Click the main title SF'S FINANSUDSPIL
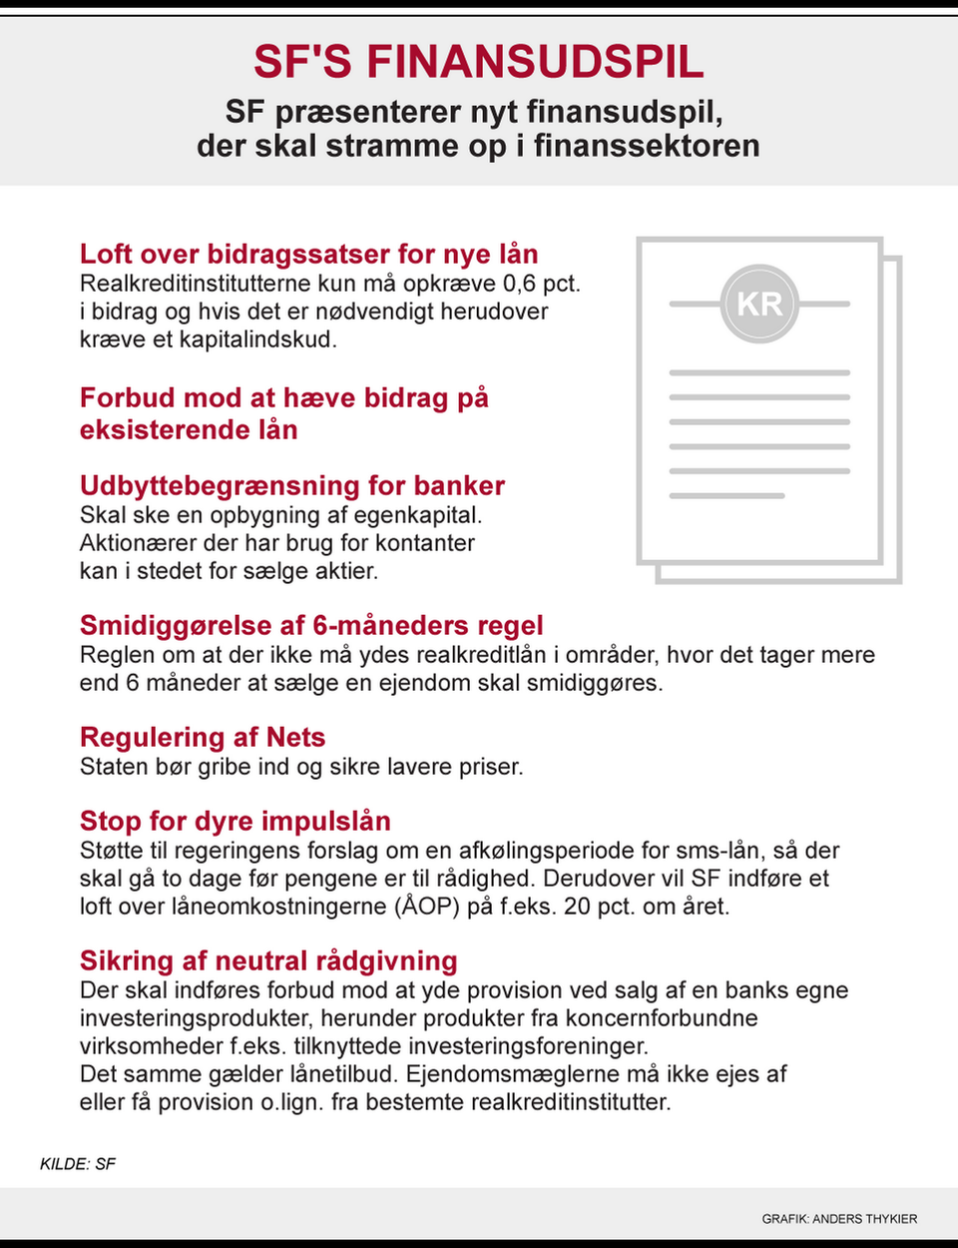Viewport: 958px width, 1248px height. coord(478,62)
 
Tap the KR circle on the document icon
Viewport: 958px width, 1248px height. coord(759,304)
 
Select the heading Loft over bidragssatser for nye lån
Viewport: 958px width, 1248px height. coord(309,254)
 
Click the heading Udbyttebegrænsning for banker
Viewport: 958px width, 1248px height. coord(292,485)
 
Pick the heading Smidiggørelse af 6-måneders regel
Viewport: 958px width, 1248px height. coord(311,625)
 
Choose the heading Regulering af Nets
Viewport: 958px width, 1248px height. coord(203,737)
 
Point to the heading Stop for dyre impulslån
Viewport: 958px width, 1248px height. coord(236,821)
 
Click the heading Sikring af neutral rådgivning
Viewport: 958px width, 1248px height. coord(268,960)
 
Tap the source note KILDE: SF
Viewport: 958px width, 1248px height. coord(78,1164)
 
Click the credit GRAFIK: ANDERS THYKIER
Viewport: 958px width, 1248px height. coord(839,1218)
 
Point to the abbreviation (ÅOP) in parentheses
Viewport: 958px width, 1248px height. coord(431,907)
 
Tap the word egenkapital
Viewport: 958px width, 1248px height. coord(417,515)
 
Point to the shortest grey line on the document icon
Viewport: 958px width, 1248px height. coord(726,495)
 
